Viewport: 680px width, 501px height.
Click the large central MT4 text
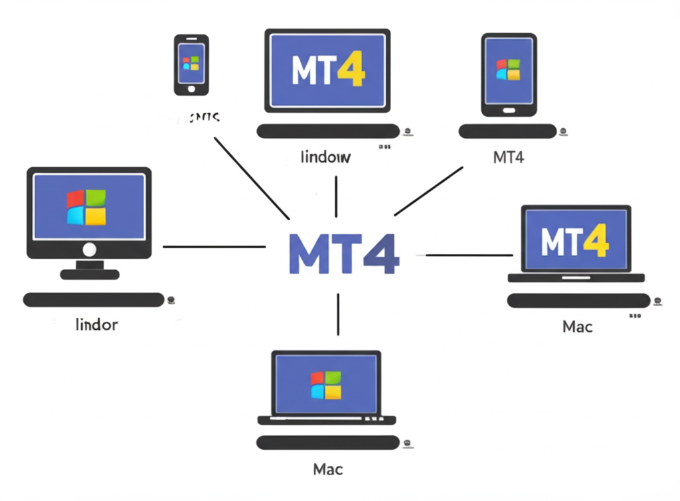click(x=344, y=254)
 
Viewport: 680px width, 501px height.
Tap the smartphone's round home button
click(x=191, y=88)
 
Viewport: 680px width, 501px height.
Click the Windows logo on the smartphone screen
click(x=191, y=63)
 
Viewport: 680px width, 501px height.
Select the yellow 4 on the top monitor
click(x=351, y=69)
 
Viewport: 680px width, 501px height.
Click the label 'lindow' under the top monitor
click(x=325, y=158)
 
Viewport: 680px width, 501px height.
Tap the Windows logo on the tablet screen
click(x=509, y=70)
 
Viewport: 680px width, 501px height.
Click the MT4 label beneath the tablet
click(x=509, y=158)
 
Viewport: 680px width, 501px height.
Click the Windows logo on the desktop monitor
click(x=86, y=207)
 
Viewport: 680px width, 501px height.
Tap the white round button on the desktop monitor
click(x=89, y=250)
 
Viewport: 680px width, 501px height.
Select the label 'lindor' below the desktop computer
click(x=97, y=325)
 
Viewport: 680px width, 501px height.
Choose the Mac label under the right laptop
click(x=577, y=326)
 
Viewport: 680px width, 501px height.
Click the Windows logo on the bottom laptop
click(x=326, y=386)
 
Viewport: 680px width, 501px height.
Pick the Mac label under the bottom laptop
click(x=327, y=470)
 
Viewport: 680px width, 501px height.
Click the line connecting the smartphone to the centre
click(x=252, y=178)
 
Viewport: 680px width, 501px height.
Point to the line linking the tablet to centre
click(x=428, y=191)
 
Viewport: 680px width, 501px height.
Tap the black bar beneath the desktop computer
click(x=93, y=300)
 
